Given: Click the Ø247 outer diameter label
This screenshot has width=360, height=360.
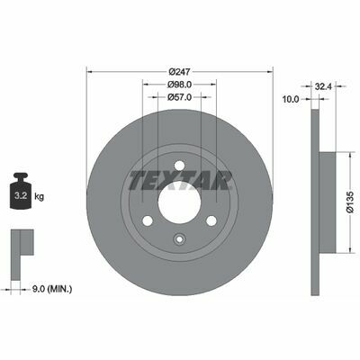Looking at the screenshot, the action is tap(180, 72).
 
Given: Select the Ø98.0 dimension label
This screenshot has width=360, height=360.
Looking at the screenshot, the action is tap(180, 85).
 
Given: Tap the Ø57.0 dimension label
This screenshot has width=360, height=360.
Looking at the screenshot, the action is tap(180, 97).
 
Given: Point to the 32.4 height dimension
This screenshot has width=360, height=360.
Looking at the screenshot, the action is tap(323, 86).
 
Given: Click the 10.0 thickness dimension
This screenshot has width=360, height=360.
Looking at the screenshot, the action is tap(291, 99).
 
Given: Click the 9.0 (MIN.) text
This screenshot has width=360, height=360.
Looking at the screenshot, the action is tap(51, 290).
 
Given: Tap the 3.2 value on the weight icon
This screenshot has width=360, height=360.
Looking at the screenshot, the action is tap(21, 196).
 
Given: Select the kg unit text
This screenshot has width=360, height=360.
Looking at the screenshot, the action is tap(39, 197).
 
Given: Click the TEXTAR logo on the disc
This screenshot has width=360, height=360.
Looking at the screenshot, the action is tap(180, 180).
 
